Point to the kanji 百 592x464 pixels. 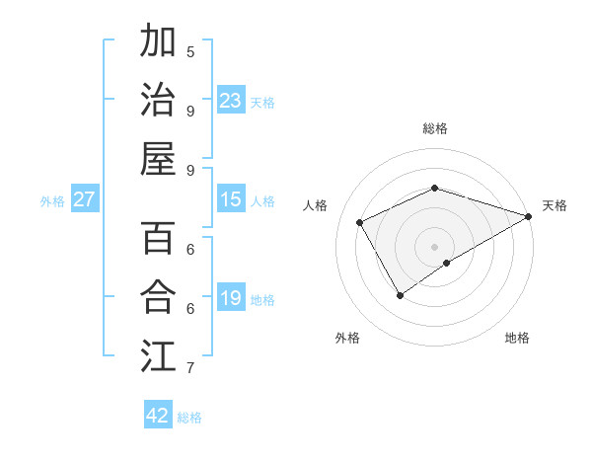(159, 239)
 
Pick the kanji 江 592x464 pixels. (159, 353)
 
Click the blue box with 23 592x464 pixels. (231, 101)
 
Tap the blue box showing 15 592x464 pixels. (231, 199)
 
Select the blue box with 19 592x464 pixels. (231, 298)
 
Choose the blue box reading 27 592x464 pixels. (85, 199)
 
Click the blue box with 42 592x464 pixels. (158, 416)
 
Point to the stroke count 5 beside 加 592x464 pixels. (190, 51)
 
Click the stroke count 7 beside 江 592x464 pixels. (190, 368)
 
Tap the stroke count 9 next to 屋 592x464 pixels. (190, 170)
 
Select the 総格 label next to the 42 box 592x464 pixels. (189, 418)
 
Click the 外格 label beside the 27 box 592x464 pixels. (52, 201)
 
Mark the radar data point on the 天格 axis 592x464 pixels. (529, 216)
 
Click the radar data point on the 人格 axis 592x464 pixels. (360, 223)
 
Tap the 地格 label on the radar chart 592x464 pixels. (517, 338)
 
